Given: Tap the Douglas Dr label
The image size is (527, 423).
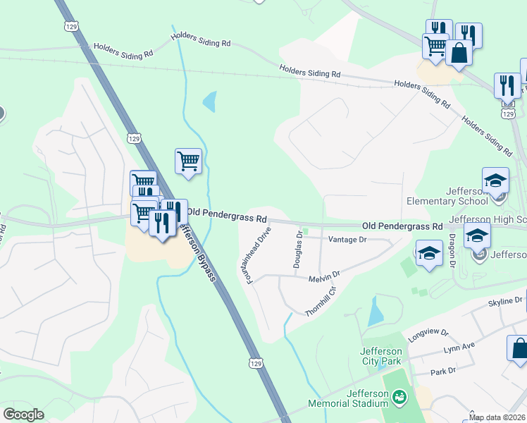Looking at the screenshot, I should point(299,249).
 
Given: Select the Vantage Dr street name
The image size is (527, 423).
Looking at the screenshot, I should point(348,240).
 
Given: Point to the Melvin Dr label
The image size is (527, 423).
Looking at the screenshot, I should point(325,275).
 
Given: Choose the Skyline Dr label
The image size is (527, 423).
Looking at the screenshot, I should point(505,301).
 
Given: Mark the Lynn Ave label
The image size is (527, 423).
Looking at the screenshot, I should point(459,349).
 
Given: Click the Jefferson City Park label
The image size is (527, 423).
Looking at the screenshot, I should point(380,357).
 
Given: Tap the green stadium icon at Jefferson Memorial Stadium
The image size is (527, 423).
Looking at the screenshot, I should point(400,398).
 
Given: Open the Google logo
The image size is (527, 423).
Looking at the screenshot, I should point(23,415).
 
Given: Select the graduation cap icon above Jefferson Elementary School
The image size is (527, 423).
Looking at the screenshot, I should point(495,180).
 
